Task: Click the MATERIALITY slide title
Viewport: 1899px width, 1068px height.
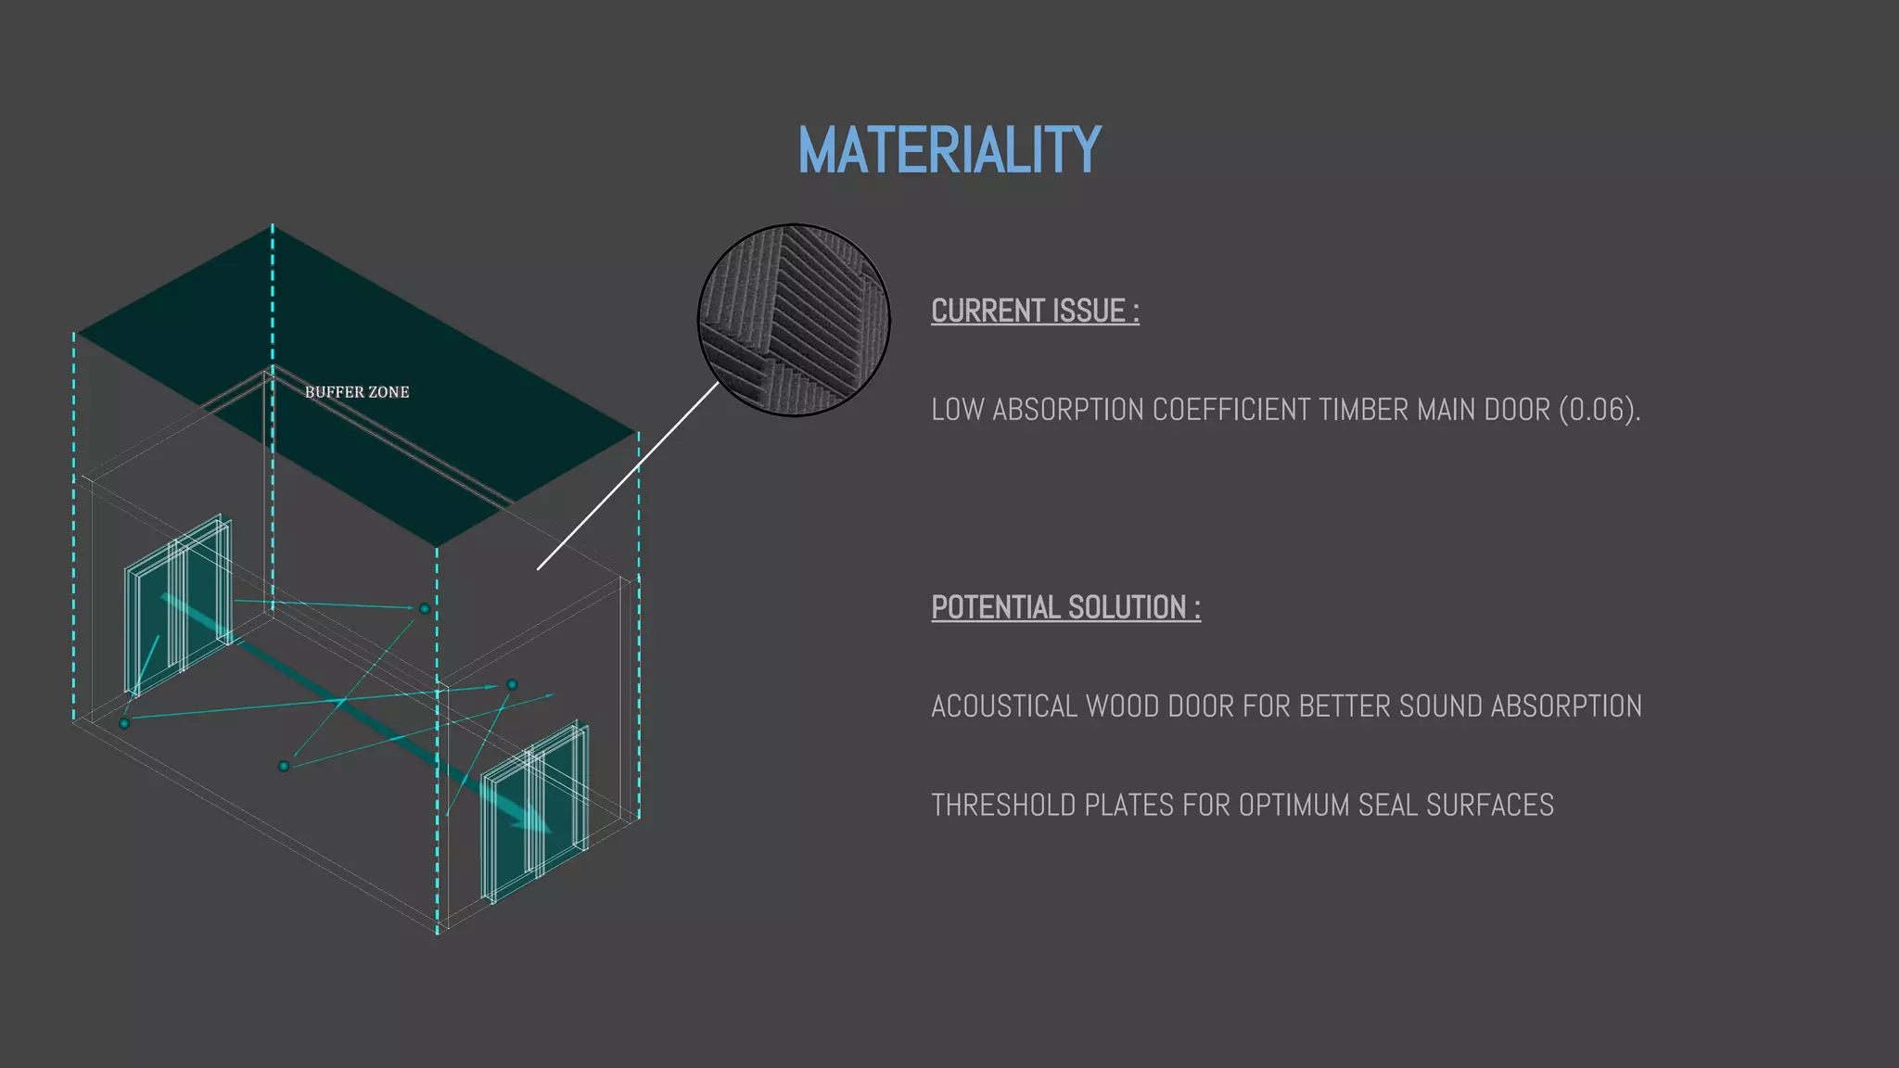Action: [949, 150]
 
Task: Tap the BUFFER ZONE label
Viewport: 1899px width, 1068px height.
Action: [357, 392]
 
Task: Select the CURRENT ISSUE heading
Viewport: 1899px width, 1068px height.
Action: [1035, 311]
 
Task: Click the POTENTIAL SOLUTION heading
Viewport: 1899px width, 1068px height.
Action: [1065, 608]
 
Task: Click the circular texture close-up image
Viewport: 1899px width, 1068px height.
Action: [794, 320]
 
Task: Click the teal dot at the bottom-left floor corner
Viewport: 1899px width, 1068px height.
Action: [124, 723]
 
